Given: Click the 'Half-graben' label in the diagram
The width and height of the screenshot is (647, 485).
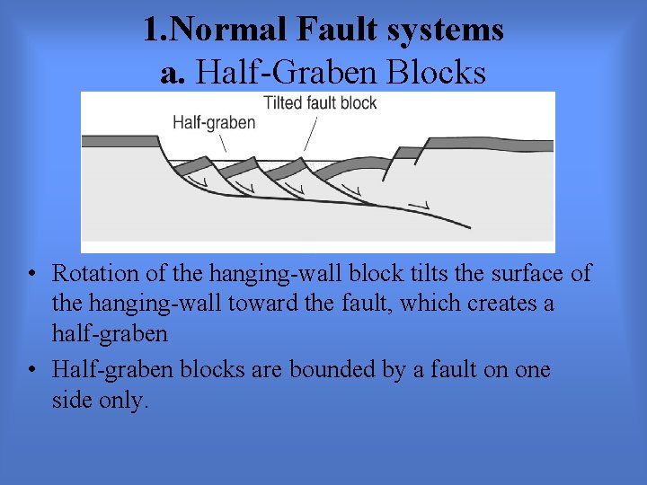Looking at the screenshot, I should [x=214, y=123].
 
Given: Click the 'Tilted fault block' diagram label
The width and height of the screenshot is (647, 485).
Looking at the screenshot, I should [x=320, y=102].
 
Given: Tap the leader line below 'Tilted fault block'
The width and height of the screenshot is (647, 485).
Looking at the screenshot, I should [x=311, y=134].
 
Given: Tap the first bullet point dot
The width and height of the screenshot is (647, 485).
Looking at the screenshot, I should [x=31, y=274].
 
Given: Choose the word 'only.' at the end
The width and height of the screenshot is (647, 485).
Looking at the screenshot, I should [x=122, y=401].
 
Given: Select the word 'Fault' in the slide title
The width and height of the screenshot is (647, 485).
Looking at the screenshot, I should [x=323, y=30].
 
